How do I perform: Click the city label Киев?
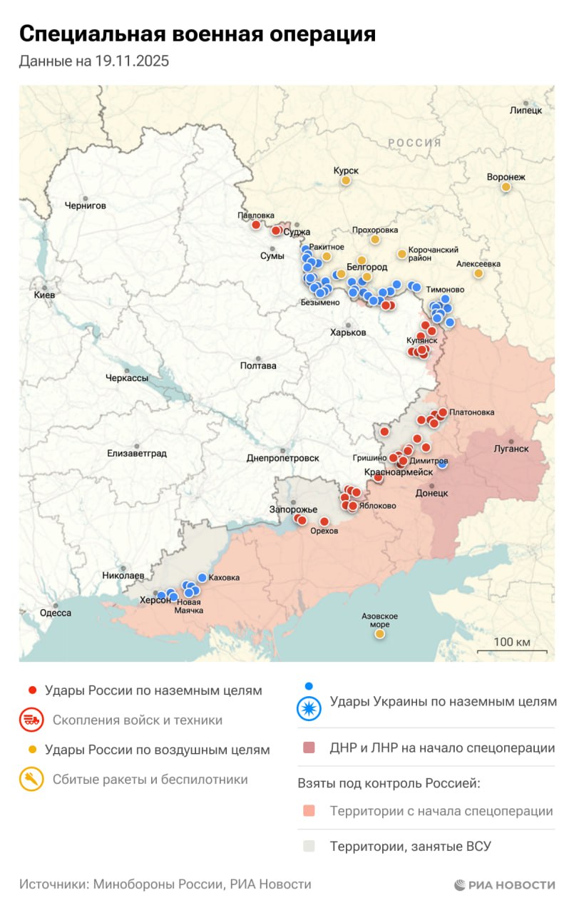tap(44, 295)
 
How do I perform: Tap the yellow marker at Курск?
tap(346, 181)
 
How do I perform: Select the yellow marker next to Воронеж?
tap(506, 187)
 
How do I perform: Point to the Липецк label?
tap(526, 111)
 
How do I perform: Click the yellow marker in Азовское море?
tap(380, 633)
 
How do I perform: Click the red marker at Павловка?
tap(256, 225)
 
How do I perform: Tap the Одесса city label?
tap(55, 613)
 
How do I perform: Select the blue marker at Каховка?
tap(203, 577)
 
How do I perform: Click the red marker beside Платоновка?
tap(443, 412)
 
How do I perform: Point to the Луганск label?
tap(511, 449)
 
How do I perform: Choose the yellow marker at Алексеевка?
tap(478, 273)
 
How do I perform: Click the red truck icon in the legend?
tap(31, 720)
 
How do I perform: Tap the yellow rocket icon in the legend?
tap(31, 779)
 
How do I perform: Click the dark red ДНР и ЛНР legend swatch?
tap(309, 748)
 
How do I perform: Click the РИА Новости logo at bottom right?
tap(504, 884)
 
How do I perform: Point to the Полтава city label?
tap(258, 366)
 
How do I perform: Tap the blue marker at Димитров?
tap(443, 464)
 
